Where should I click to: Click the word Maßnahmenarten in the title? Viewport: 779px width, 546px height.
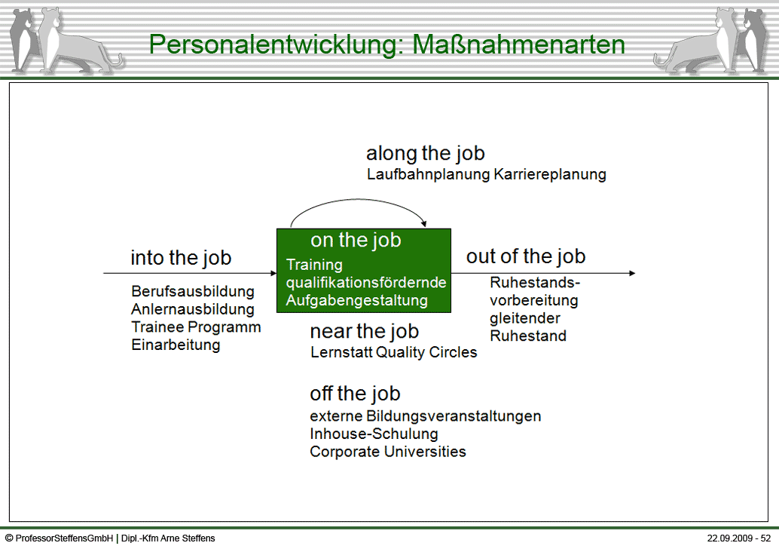coord(518,44)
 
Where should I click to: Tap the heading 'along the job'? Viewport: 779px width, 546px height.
coord(425,154)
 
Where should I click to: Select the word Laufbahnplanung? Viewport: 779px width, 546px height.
coord(428,174)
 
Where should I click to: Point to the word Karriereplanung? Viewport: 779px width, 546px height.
coord(550,174)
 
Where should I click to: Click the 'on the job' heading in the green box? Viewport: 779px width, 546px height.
coord(356,240)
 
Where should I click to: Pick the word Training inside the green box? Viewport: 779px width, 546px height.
coord(314,265)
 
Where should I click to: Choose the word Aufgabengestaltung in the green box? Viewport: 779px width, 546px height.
coord(356,300)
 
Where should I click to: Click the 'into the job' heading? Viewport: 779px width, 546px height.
coord(181,258)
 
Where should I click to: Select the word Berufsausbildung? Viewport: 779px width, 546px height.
coord(193,291)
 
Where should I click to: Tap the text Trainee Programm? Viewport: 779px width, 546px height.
coord(196,327)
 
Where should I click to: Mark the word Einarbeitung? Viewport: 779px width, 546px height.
coord(176,345)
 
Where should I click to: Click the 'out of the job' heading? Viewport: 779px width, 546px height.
coord(526,256)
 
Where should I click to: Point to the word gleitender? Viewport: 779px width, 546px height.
coord(524,318)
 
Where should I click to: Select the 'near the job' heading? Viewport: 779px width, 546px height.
coord(364,331)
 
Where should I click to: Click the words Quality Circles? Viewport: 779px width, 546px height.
coord(426,353)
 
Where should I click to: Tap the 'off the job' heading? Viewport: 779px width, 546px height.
coord(355,394)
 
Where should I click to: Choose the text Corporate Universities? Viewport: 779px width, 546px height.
coord(388,452)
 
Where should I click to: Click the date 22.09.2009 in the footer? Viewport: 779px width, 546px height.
coord(730,538)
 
